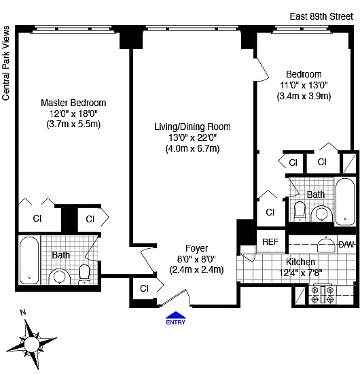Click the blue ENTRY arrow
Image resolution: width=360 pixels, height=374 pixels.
tap(176, 315)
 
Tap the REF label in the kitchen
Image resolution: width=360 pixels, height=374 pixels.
tap(270, 242)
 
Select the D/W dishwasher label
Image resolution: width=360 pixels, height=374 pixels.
tap(346, 245)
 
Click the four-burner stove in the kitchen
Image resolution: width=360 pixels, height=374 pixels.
tap(323, 294)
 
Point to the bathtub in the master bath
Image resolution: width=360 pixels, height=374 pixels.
tap(29, 260)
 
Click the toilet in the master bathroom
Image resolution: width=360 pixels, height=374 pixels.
tap(84, 275)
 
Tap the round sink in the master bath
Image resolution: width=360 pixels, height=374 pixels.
tap(60, 277)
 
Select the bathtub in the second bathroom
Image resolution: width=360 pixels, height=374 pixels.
tap(345, 201)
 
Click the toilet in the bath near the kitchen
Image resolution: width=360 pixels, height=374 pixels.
tap(300, 211)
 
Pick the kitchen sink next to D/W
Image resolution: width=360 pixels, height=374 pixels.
tap(326, 245)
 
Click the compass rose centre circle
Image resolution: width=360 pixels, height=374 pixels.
tap(31, 344)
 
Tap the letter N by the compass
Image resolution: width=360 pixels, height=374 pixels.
tap(23, 312)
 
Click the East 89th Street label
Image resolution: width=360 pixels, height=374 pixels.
tap(321, 16)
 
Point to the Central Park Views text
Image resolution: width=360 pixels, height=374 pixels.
tap(5, 63)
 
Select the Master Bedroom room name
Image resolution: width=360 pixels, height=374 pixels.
tap(73, 103)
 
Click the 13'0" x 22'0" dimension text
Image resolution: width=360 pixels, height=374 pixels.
tap(192, 137)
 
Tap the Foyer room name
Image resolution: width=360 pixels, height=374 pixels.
tap(196, 248)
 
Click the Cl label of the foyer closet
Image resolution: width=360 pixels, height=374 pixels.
tap(144, 288)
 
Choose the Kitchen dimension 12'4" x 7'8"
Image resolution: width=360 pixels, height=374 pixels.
tap(300, 273)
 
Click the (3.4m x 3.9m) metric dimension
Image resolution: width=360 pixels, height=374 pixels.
tap(304, 96)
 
